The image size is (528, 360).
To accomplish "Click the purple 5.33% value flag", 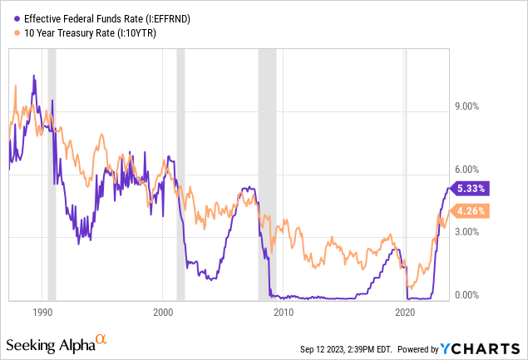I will (470, 188).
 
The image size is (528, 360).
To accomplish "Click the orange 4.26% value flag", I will (470, 210).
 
